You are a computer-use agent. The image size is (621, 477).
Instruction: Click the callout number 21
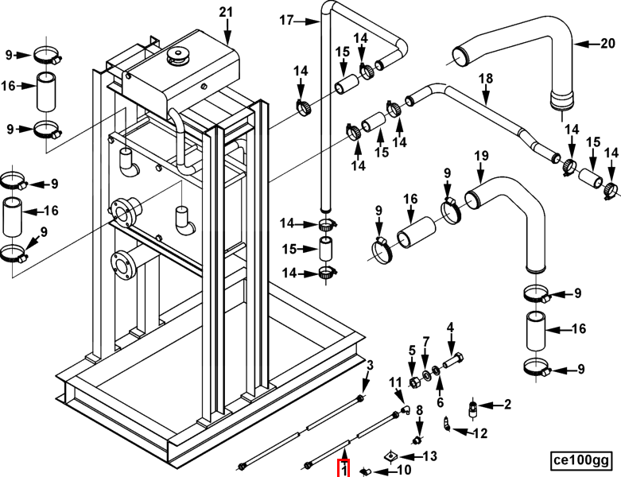[226, 12]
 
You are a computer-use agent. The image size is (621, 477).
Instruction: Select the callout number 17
[286, 20]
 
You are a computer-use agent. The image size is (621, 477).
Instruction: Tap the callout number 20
[608, 43]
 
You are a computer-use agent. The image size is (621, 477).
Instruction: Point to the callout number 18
[486, 79]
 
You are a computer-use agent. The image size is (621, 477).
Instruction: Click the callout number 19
[481, 156]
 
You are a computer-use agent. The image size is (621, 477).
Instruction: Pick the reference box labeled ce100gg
[581, 460]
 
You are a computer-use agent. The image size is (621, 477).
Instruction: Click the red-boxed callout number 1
[343, 469]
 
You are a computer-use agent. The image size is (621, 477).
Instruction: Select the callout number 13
[429, 456]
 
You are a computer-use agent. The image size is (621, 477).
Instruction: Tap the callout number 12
[480, 433]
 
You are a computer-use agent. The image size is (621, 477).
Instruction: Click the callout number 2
[507, 404]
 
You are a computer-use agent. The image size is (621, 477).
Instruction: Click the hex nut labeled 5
[413, 382]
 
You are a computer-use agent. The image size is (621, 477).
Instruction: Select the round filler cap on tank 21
[179, 55]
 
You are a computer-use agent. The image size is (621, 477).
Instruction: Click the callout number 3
[370, 366]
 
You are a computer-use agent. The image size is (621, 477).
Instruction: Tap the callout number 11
[395, 382]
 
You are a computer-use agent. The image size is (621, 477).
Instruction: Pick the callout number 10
[404, 470]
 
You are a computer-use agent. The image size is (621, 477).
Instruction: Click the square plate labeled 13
[390, 456]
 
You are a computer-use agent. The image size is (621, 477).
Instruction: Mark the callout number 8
[419, 410]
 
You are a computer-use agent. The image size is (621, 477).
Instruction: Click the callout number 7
[425, 341]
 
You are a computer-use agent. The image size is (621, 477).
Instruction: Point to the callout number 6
[440, 402]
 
